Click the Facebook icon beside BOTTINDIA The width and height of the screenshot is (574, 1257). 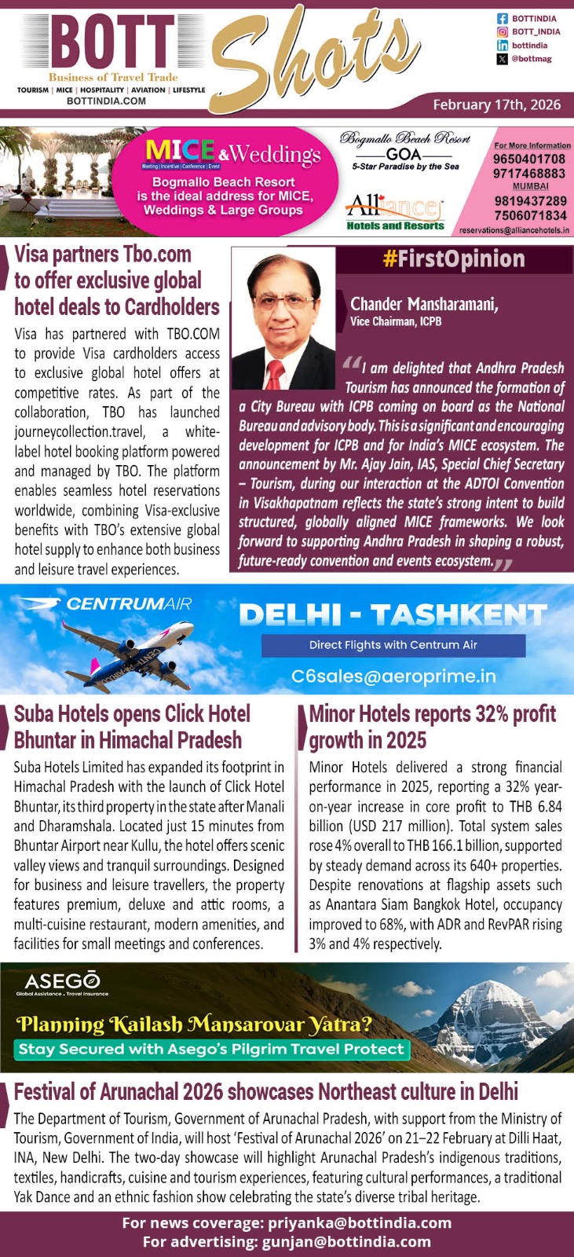tap(502, 18)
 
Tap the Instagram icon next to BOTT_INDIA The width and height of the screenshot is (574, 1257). tap(502, 31)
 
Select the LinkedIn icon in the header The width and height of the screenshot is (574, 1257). tap(502, 46)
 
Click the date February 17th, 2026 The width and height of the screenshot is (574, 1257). tap(496, 104)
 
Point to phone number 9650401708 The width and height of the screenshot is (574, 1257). tap(528, 159)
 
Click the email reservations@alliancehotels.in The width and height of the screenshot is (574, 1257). tap(514, 230)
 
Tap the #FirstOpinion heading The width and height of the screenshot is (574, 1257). tap(454, 260)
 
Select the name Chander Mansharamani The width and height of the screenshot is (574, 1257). tap(424, 304)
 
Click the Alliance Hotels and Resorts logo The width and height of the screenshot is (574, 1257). tap(394, 213)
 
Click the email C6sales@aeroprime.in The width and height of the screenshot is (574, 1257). tap(393, 676)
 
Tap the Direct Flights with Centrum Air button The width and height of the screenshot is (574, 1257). tap(393, 645)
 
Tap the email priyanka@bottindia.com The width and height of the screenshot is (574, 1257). tap(360, 1223)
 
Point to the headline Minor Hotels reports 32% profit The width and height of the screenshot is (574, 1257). tap(432, 715)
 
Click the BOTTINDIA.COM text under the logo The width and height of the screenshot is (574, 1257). tap(106, 101)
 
